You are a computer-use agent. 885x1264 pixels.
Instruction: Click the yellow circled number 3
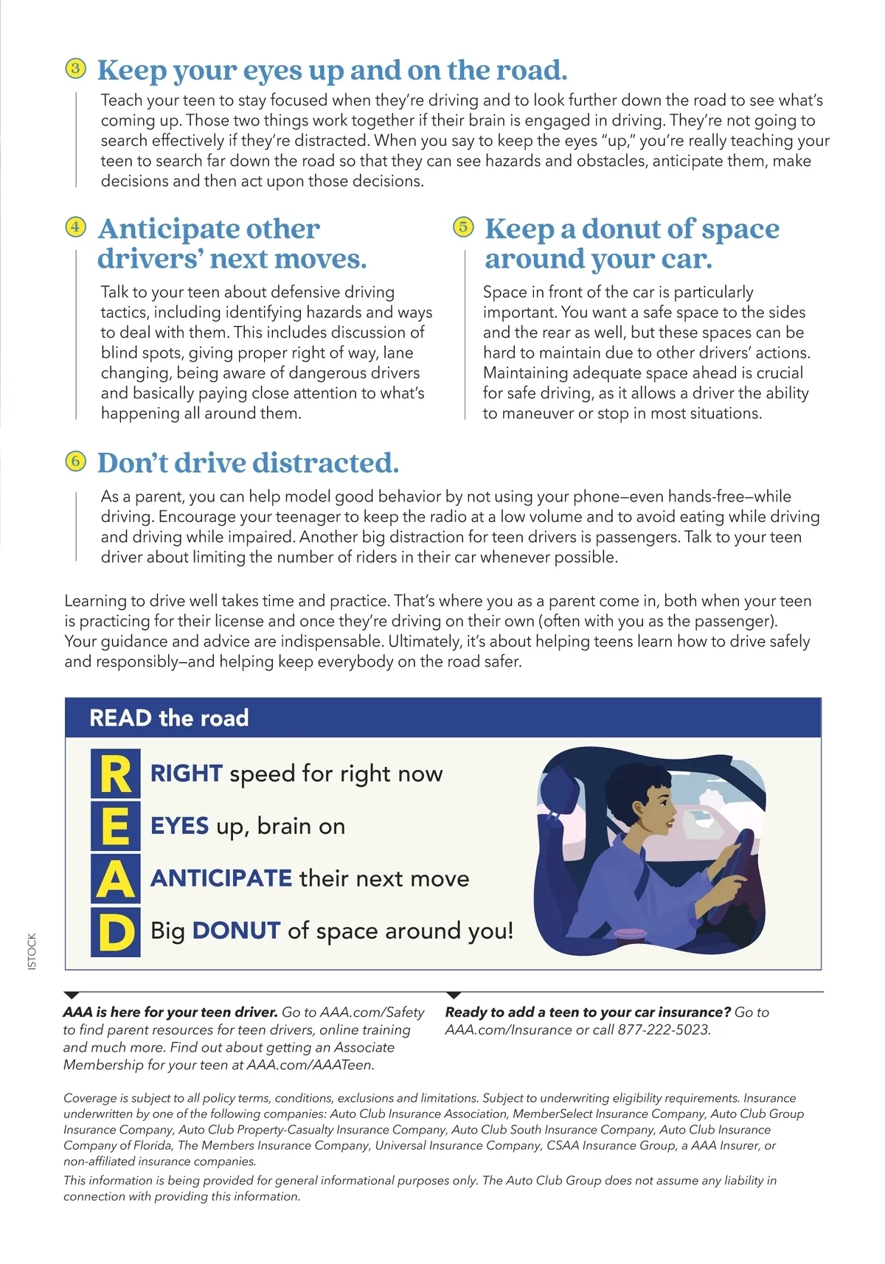(75, 69)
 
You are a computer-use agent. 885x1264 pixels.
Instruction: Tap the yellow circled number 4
(75, 227)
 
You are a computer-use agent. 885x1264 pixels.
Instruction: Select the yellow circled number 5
(462, 227)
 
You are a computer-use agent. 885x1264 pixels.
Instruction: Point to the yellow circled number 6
(75, 462)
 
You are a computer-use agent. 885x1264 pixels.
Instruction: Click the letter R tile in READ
(115, 774)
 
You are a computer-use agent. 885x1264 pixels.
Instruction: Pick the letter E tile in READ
(115, 827)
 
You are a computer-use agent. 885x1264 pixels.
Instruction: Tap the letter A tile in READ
(115, 879)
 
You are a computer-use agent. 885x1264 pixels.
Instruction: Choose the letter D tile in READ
(115, 932)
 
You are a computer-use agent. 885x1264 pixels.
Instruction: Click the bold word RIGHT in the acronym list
(186, 774)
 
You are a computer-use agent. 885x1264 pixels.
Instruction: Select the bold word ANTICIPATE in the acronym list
(221, 878)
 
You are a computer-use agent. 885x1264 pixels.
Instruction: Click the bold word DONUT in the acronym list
(236, 931)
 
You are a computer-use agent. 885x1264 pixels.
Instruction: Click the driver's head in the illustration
(649, 796)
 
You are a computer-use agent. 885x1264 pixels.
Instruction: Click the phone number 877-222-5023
(663, 1030)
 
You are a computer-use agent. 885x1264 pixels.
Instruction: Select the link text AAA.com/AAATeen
(310, 1065)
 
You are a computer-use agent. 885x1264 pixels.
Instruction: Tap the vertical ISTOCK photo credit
(32, 951)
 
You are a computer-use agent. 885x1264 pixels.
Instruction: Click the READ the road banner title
(169, 718)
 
